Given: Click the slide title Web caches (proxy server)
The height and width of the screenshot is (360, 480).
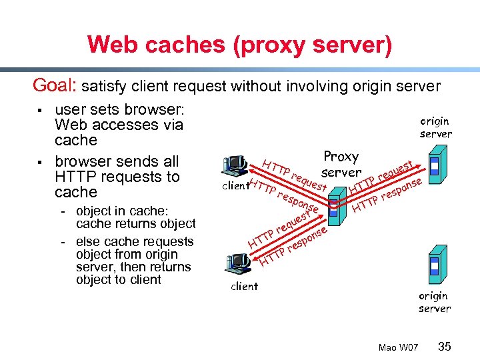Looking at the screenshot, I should pos(239,45).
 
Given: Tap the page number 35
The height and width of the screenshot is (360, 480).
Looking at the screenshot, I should pos(445,346).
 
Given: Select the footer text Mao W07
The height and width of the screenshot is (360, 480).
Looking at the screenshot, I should pos(398,347).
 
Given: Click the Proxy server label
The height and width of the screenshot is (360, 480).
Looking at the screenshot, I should pos(341,165).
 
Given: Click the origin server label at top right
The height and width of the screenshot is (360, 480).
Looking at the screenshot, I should pos(435,127).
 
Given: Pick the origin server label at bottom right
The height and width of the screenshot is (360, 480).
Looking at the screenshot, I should pos(434,302).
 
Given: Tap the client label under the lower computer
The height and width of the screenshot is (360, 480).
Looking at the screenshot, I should pos(244,287).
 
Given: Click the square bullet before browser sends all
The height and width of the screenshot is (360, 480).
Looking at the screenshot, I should pos(41,162).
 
